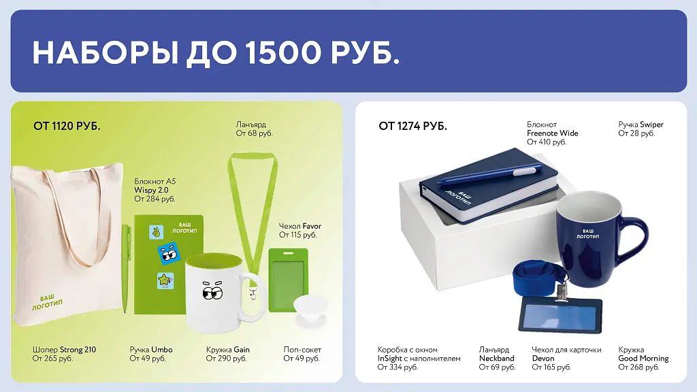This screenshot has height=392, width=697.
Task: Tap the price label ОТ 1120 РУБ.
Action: click(67, 126)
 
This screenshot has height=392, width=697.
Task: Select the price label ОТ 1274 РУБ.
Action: click(412, 126)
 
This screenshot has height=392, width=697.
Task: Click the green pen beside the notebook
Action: click(126, 268)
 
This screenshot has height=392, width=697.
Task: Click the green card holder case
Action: click(289, 280)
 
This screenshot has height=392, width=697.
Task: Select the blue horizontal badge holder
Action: click(561, 314)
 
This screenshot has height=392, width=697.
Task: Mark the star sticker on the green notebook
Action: click(165, 281)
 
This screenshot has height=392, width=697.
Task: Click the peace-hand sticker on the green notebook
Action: click(156, 232)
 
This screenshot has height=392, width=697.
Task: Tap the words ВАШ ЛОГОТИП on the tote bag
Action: click(47, 301)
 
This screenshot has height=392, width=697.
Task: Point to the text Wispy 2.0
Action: click(152, 191)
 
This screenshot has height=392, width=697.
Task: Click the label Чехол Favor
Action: click(300, 226)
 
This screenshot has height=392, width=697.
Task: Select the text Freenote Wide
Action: click(553, 133)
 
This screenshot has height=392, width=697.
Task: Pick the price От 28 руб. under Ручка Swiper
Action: click(636, 133)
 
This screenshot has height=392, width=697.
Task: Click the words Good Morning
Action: click(643, 359)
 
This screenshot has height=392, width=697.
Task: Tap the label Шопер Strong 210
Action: click(64, 350)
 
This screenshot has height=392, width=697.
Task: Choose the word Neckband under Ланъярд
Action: click(496, 359)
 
